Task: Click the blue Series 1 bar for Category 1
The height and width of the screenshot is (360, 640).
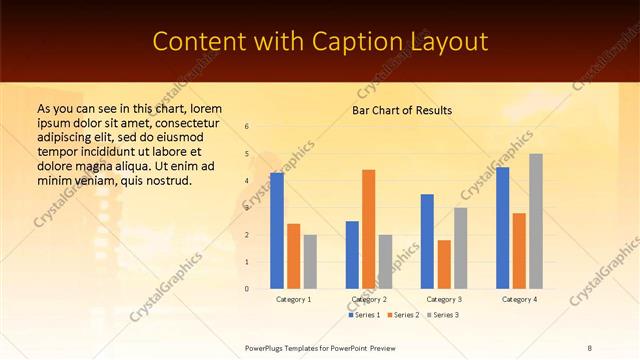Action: point(277,231)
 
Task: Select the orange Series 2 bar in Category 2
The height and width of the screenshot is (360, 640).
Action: point(369,229)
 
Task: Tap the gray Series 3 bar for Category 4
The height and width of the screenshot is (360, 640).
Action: point(536,221)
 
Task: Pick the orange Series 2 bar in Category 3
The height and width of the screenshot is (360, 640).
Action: point(444,264)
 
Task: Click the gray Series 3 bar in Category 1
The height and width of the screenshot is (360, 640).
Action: point(310,262)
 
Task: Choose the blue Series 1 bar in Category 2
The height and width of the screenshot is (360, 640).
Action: point(352,255)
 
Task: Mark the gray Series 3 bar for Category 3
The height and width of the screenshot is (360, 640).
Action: point(461,248)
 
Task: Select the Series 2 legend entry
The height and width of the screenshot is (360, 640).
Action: point(402,315)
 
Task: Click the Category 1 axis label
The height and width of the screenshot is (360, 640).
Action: point(293,299)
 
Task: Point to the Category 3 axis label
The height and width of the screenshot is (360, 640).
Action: point(443,299)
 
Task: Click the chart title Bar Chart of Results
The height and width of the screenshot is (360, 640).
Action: point(402,110)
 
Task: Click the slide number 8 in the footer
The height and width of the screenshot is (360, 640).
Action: point(589,347)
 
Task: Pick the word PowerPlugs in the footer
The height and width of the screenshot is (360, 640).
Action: point(266,347)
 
